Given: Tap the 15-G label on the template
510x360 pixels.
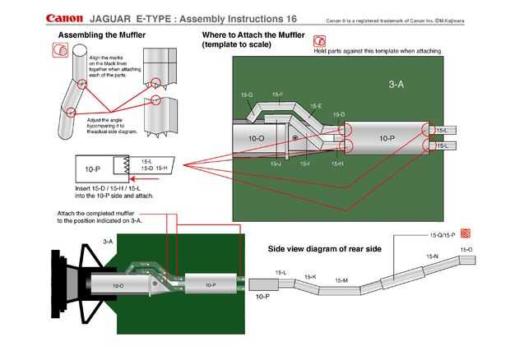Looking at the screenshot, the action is coord(246,95).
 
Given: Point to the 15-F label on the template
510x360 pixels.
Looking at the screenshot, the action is coord(277,95).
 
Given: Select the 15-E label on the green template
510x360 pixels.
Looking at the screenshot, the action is coord(315,106).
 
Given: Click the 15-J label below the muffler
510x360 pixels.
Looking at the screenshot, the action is coord(276,164).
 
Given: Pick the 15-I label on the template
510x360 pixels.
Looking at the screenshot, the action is coord(304,164).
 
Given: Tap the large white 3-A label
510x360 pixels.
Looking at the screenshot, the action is coord(395,84).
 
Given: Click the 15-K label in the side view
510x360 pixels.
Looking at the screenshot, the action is coord(310,277).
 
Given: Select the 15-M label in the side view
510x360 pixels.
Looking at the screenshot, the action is coord(341,280).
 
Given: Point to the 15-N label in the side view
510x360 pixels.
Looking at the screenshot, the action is coord(432,256).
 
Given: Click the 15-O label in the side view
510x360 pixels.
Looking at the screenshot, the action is coord(466,249).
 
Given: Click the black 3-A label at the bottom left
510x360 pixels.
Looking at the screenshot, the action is coord(108,242).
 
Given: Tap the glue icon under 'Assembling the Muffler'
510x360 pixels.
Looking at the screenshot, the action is coord(59,50).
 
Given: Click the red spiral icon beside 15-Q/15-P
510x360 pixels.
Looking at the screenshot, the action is coord(466,233).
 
